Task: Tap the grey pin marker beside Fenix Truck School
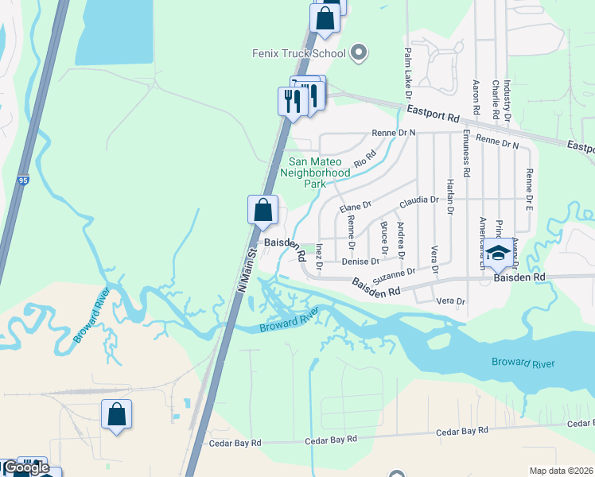358,53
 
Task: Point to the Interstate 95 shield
24,182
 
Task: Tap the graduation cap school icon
499,254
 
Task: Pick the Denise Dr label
360,261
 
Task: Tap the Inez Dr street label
319,253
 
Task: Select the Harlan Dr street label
449,196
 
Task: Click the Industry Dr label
507,100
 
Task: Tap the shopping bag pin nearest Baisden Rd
262,211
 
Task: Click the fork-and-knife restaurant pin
292,101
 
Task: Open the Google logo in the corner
27,468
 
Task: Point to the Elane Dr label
356,208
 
